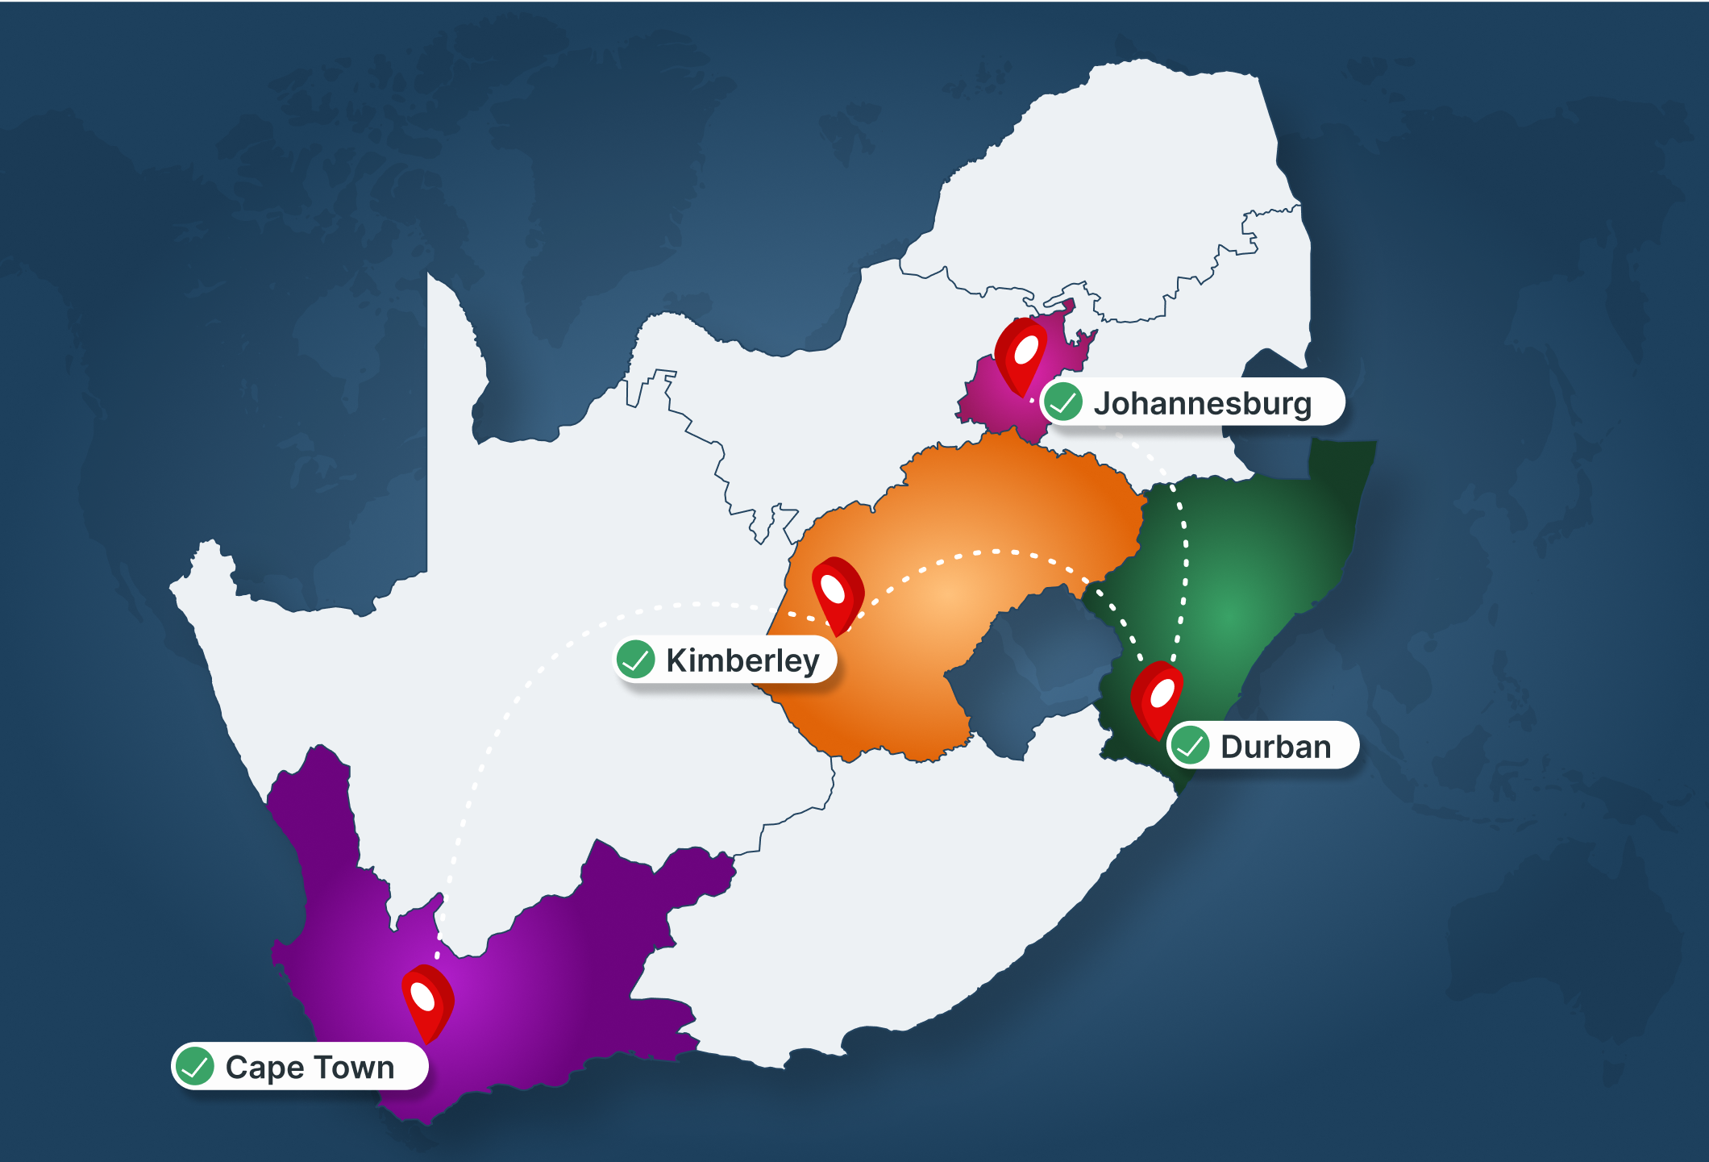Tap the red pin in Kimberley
coord(837,594)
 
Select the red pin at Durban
coord(1157,698)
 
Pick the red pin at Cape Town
coord(427,1002)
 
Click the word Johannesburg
coord(1202,403)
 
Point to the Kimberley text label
coord(742,660)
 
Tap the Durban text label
coord(1275,747)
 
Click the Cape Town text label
coord(310,1067)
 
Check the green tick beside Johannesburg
coord(1063,402)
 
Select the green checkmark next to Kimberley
coord(636,660)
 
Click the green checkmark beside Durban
coord(1190,745)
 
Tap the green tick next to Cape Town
coord(195,1066)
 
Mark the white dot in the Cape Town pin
coord(423,997)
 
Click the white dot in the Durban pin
coord(1162,693)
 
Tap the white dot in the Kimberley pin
coord(833,589)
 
